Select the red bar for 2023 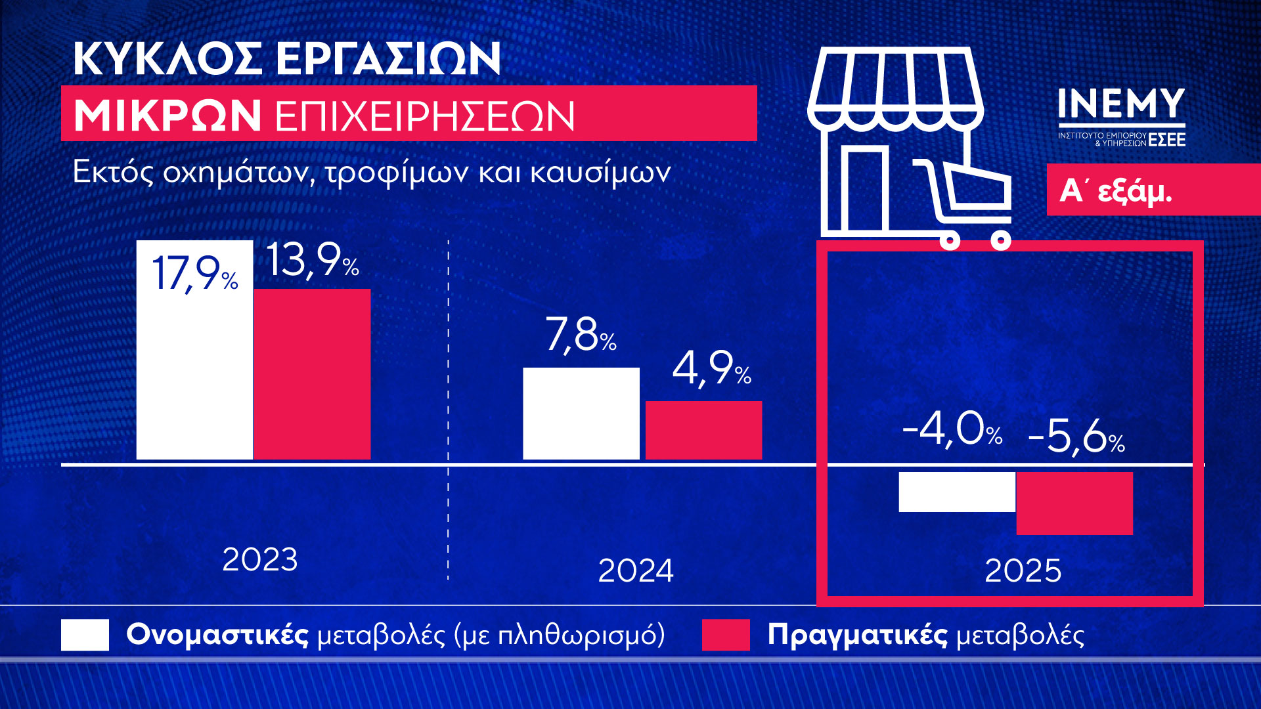click(313, 374)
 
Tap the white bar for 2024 click(581, 414)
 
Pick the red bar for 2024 click(703, 430)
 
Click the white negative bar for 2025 click(957, 492)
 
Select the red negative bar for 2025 click(1074, 503)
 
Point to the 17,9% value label click(195, 274)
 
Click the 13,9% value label click(313, 261)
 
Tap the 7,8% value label click(581, 335)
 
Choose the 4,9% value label click(712, 368)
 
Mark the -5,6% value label click(1076, 437)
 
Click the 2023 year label click(260, 560)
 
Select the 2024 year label click(636, 570)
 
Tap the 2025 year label click(1023, 570)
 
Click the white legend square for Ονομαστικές click(85, 635)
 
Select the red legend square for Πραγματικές click(726, 635)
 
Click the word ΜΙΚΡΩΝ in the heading click(168, 116)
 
